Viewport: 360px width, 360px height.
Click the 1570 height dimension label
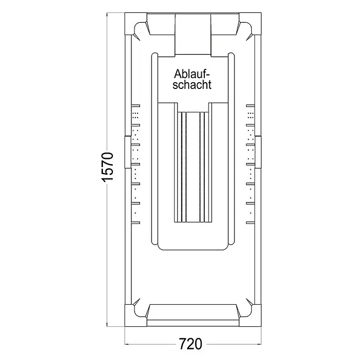pos(108,167)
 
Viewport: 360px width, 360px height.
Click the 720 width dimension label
pos(190,344)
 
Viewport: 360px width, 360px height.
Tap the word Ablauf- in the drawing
pos(192,73)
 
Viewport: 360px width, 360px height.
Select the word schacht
pos(192,85)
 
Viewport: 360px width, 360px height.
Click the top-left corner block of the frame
pos(136,24)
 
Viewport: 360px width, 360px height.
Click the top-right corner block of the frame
pos(250,24)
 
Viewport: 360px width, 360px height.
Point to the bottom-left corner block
pos(136,315)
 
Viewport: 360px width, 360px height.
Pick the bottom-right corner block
pos(250,315)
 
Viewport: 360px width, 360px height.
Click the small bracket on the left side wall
pos(128,152)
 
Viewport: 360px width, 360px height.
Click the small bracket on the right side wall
pos(258,152)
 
